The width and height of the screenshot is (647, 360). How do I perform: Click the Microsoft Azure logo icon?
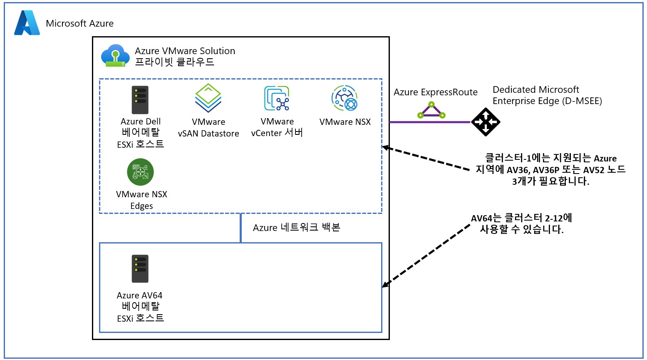click(x=27, y=23)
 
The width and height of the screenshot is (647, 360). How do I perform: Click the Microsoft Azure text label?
click(x=79, y=24)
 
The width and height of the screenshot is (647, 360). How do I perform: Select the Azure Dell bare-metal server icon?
click(x=140, y=100)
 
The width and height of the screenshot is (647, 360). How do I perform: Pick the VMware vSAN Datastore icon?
click(x=208, y=98)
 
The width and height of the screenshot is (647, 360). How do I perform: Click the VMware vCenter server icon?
click(x=277, y=98)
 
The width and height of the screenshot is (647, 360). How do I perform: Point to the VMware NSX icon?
click(x=345, y=98)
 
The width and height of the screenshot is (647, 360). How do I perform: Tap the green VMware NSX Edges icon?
click(x=140, y=172)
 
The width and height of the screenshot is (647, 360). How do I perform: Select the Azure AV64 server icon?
click(x=140, y=269)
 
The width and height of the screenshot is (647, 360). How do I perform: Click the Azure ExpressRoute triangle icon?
click(x=431, y=111)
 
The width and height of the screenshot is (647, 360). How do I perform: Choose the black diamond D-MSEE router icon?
click(x=486, y=122)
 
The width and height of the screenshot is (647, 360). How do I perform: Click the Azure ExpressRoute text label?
click(x=436, y=92)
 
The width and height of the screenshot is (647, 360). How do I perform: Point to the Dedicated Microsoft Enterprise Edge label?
click(x=547, y=95)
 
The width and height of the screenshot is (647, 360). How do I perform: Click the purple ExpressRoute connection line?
click(x=429, y=122)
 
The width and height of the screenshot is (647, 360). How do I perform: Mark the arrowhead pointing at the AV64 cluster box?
click(x=385, y=285)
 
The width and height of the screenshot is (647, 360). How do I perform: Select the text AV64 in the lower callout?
click(x=481, y=218)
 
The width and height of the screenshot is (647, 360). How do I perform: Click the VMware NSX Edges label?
click(x=141, y=200)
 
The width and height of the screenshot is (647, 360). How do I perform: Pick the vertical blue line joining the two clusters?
click(x=241, y=228)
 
